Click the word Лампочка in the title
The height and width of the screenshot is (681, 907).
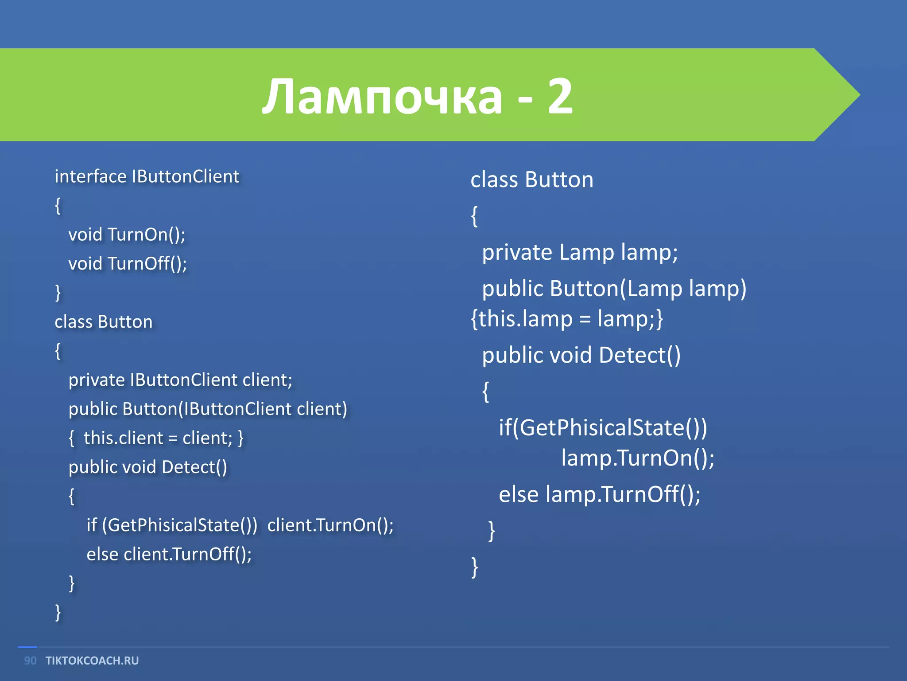[x=382, y=97]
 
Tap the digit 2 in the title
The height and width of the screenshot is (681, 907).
[x=560, y=97]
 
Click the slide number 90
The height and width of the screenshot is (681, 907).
[x=30, y=661]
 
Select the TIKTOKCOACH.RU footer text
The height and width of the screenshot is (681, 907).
[x=92, y=661]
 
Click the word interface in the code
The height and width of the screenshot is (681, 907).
[x=90, y=176]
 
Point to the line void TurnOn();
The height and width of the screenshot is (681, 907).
[x=127, y=235]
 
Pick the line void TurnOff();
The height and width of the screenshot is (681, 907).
[x=128, y=264]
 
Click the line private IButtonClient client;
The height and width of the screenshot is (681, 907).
[x=180, y=380]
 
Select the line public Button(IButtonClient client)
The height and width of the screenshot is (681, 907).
[x=208, y=409]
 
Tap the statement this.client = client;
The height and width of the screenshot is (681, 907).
[x=158, y=438]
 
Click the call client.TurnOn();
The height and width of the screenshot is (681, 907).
[x=330, y=525]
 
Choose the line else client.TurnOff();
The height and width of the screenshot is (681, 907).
[x=169, y=554]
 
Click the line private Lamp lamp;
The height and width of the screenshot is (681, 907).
[x=580, y=252]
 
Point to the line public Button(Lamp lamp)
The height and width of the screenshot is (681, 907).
[x=614, y=289]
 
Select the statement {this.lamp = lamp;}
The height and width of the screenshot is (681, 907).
[x=567, y=319]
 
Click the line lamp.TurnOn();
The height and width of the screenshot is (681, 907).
[x=638, y=458]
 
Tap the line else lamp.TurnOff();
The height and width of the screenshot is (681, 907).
[x=600, y=494]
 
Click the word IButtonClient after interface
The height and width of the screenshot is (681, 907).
[x=185, y=176]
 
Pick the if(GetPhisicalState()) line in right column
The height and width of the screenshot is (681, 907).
[x=603, y=428]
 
